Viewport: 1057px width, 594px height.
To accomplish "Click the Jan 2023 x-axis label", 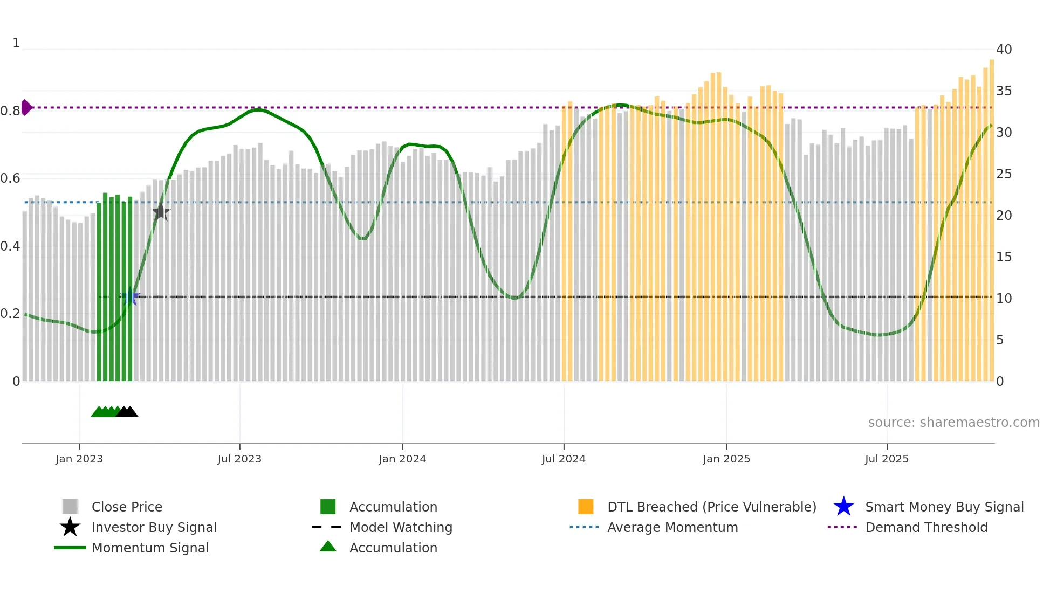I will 79,459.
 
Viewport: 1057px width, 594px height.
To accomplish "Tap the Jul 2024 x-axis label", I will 563,459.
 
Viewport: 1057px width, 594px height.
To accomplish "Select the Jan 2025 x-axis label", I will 726,459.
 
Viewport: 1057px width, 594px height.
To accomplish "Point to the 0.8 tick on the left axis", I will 10,111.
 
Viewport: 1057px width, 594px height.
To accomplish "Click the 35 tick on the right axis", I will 1003,91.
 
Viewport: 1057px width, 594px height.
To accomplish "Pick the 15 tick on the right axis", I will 1003,257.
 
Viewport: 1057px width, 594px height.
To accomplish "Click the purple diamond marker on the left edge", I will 26,107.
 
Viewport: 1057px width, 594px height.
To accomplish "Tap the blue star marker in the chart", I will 130,297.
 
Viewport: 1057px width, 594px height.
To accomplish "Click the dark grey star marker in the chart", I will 161,212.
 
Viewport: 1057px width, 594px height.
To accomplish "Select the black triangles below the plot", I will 127,412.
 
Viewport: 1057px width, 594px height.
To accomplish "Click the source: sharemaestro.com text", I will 953,423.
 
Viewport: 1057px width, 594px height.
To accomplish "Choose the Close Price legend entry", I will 127,507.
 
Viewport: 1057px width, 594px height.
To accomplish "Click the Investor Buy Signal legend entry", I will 154,527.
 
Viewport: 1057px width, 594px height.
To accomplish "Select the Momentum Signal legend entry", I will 150,548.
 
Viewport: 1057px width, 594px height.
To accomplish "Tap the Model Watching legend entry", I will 400,527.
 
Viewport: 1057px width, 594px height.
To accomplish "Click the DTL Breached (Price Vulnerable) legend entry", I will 711,507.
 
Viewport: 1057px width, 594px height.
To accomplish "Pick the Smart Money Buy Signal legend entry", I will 944,507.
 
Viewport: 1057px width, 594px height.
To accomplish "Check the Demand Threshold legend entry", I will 926,527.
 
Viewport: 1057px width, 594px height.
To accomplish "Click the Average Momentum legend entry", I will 672,527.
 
